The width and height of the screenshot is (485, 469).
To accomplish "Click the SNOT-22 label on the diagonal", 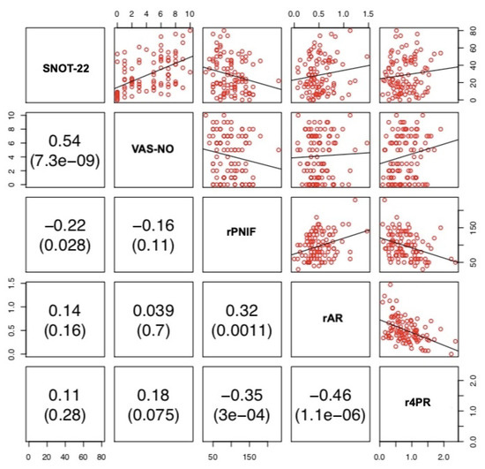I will (x=64, y=66).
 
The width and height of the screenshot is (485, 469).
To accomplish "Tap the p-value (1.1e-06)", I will (x=328, y=414).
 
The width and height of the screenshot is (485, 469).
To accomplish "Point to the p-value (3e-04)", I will (x=240, y=414).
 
